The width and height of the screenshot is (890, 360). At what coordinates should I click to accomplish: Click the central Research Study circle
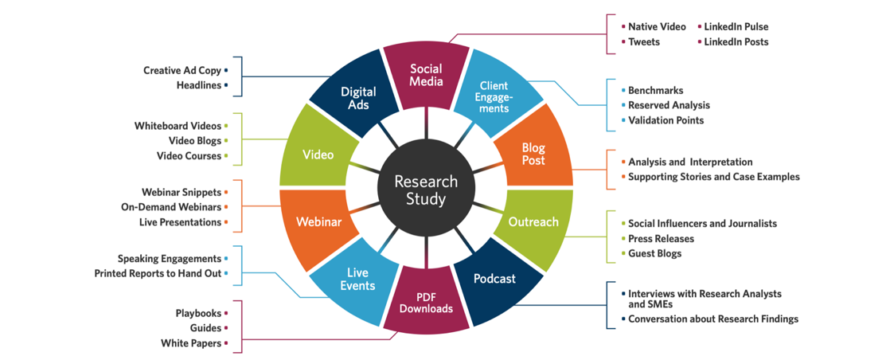pyautogui.click(x=426, y=191)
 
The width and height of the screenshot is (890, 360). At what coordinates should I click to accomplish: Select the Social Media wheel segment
pyautogui.click(x=426, y=76)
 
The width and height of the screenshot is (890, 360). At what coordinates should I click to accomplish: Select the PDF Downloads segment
pyautogui.click(x=426, y=303)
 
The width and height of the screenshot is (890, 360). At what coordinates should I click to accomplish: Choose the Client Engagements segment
pyautogui.click(x=495, y=96)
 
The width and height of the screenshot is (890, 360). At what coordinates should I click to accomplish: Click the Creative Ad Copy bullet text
pyautogui.click(x=182, y=71)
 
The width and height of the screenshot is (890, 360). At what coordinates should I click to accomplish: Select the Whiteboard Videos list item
pyautogui.click(x=178, y=126)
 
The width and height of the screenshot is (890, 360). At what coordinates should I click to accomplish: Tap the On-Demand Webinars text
pyautogui.click(x=171, y=207)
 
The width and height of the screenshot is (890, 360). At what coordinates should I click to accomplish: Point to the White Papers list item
pyautogui.click(x=191, y=343)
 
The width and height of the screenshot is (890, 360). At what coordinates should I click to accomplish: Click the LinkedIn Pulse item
pyautogui.click(x=736, y=27)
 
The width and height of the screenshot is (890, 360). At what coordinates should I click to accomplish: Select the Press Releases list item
pyautogui.click(x=661, y=238)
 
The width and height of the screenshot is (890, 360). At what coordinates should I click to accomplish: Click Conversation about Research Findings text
pyautogui.click(x=713, y=319)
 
